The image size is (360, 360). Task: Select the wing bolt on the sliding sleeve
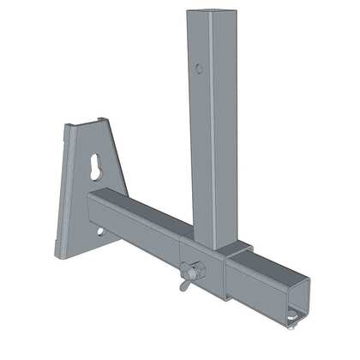(193, 275)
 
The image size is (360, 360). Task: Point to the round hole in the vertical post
(198, 68)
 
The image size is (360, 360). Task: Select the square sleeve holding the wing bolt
(203, 270)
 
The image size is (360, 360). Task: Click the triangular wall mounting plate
(86, 197)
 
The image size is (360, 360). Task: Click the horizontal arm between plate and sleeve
(137, 219)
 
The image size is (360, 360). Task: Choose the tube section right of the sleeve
(257, 279)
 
